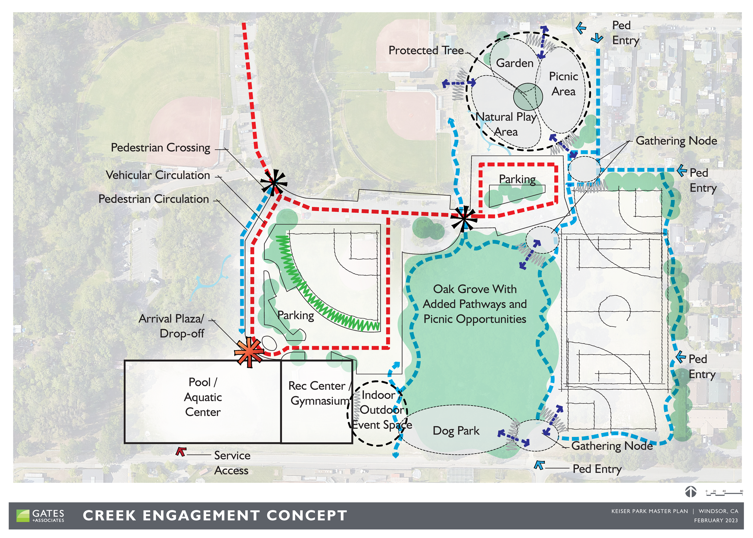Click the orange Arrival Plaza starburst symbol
click(x=249, y=352)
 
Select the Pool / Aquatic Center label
click(x=203, y=397)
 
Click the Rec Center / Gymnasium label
click(x=318, y=393)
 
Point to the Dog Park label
click(x=456, y=431)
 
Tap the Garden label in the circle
click(x=515, y=63)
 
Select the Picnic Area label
click(x=563, y=84)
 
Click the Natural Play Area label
click(x=506, y=124)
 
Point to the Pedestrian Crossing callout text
click(x=160, y=148)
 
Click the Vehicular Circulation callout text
click(x=158, y=175)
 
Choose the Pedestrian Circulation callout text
click(x=154, y=199)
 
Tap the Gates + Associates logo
click(x=40, y=516)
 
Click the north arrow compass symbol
click(x=691, y=492)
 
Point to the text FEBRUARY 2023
click(x=716, y=520)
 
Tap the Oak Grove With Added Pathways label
click(x=474, y=304)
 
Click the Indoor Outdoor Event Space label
click(x=382, y=410)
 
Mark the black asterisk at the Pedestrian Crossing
click(x=274, y=182)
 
